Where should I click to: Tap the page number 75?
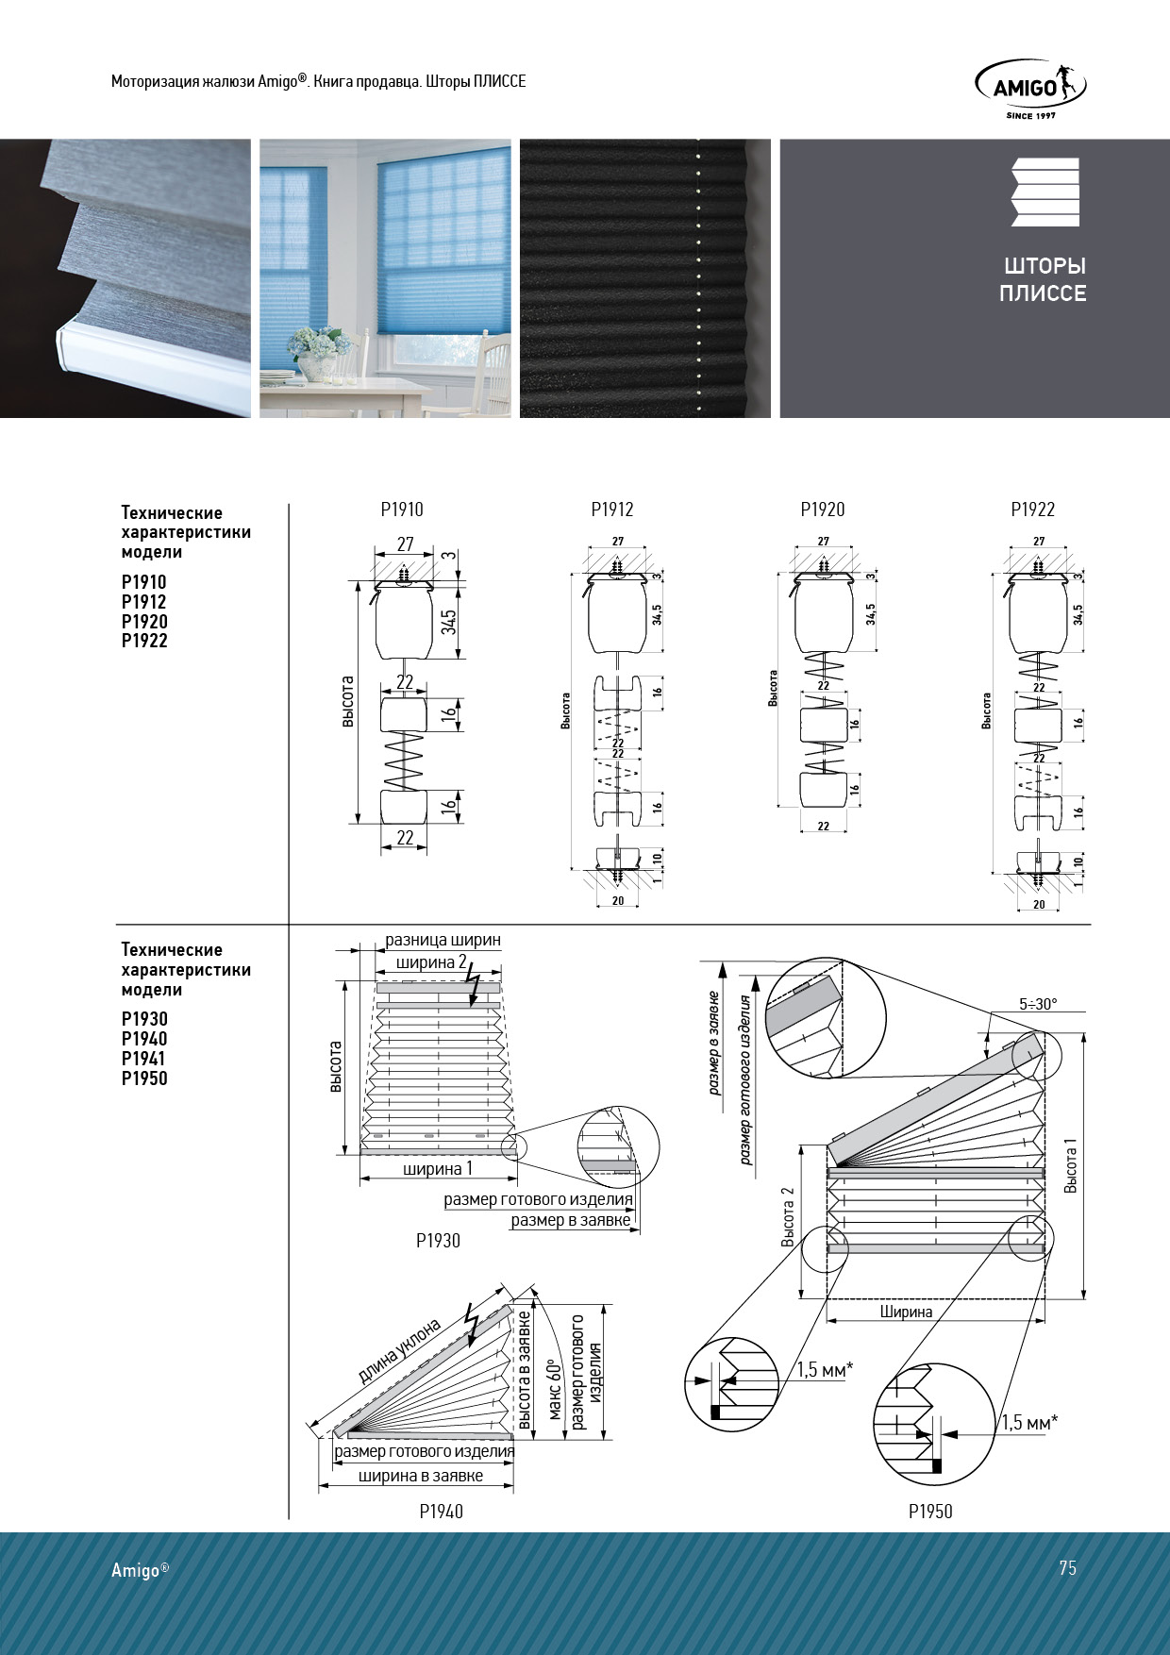[1067, 1568]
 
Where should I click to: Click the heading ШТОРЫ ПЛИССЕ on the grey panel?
[1043, 279]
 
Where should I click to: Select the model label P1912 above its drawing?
[612, 510]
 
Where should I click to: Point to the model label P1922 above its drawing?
[1032, 510]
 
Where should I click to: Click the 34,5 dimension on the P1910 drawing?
[449, 621]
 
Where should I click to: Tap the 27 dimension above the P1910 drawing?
[405, 544]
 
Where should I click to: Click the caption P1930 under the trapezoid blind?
[438, 1241]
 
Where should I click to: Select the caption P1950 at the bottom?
[930, 1512]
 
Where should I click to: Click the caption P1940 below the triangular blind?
[441, 1512]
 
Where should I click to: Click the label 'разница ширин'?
[443, 941]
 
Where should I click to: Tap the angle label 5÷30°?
[1038, 1004]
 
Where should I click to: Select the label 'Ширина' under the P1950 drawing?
[906, 1312]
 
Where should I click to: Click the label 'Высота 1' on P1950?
[1070, 1165]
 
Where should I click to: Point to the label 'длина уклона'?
[400, 1351]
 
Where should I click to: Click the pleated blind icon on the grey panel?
[1045, 192]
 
